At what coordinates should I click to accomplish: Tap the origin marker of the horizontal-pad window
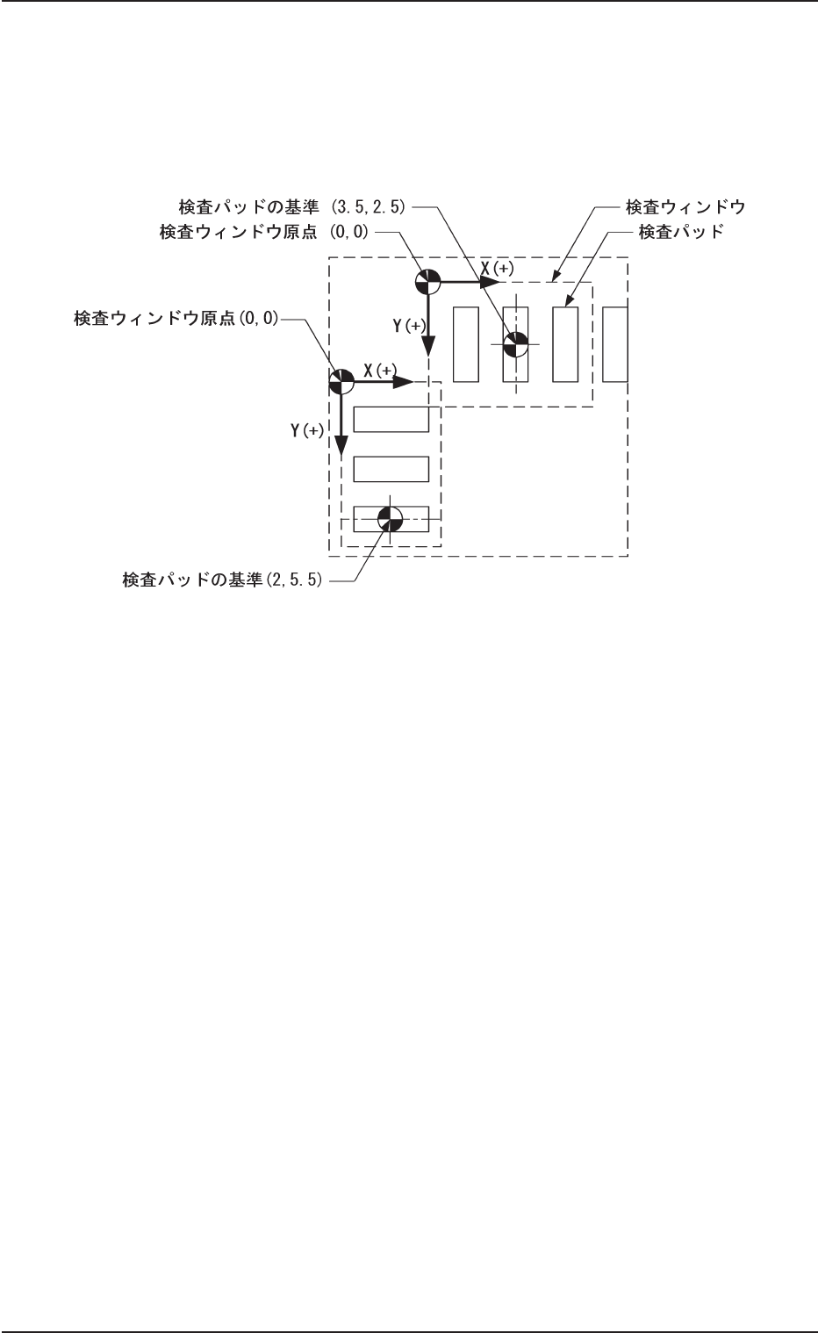coord(341,381)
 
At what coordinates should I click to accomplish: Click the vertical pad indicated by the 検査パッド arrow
coord(565,344)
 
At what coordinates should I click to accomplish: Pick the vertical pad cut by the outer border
coord(615,344)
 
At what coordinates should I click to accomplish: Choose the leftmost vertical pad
coord(465,344)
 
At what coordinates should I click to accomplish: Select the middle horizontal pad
coord(391,470)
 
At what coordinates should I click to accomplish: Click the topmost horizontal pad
coord(391,420)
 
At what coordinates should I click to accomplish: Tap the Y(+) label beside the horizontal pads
coord(307,432)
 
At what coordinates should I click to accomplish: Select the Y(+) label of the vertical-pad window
coord(409,326)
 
